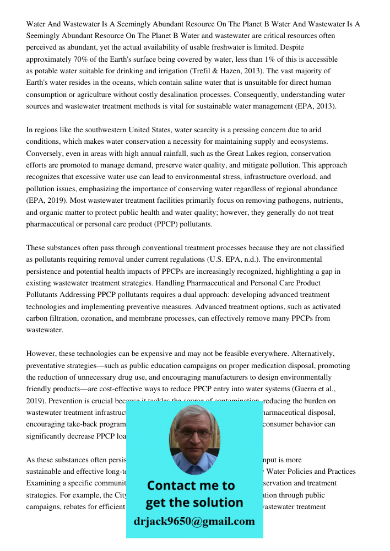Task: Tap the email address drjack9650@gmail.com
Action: [x=194, y=521]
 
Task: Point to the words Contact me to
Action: [x=191, y=485]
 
